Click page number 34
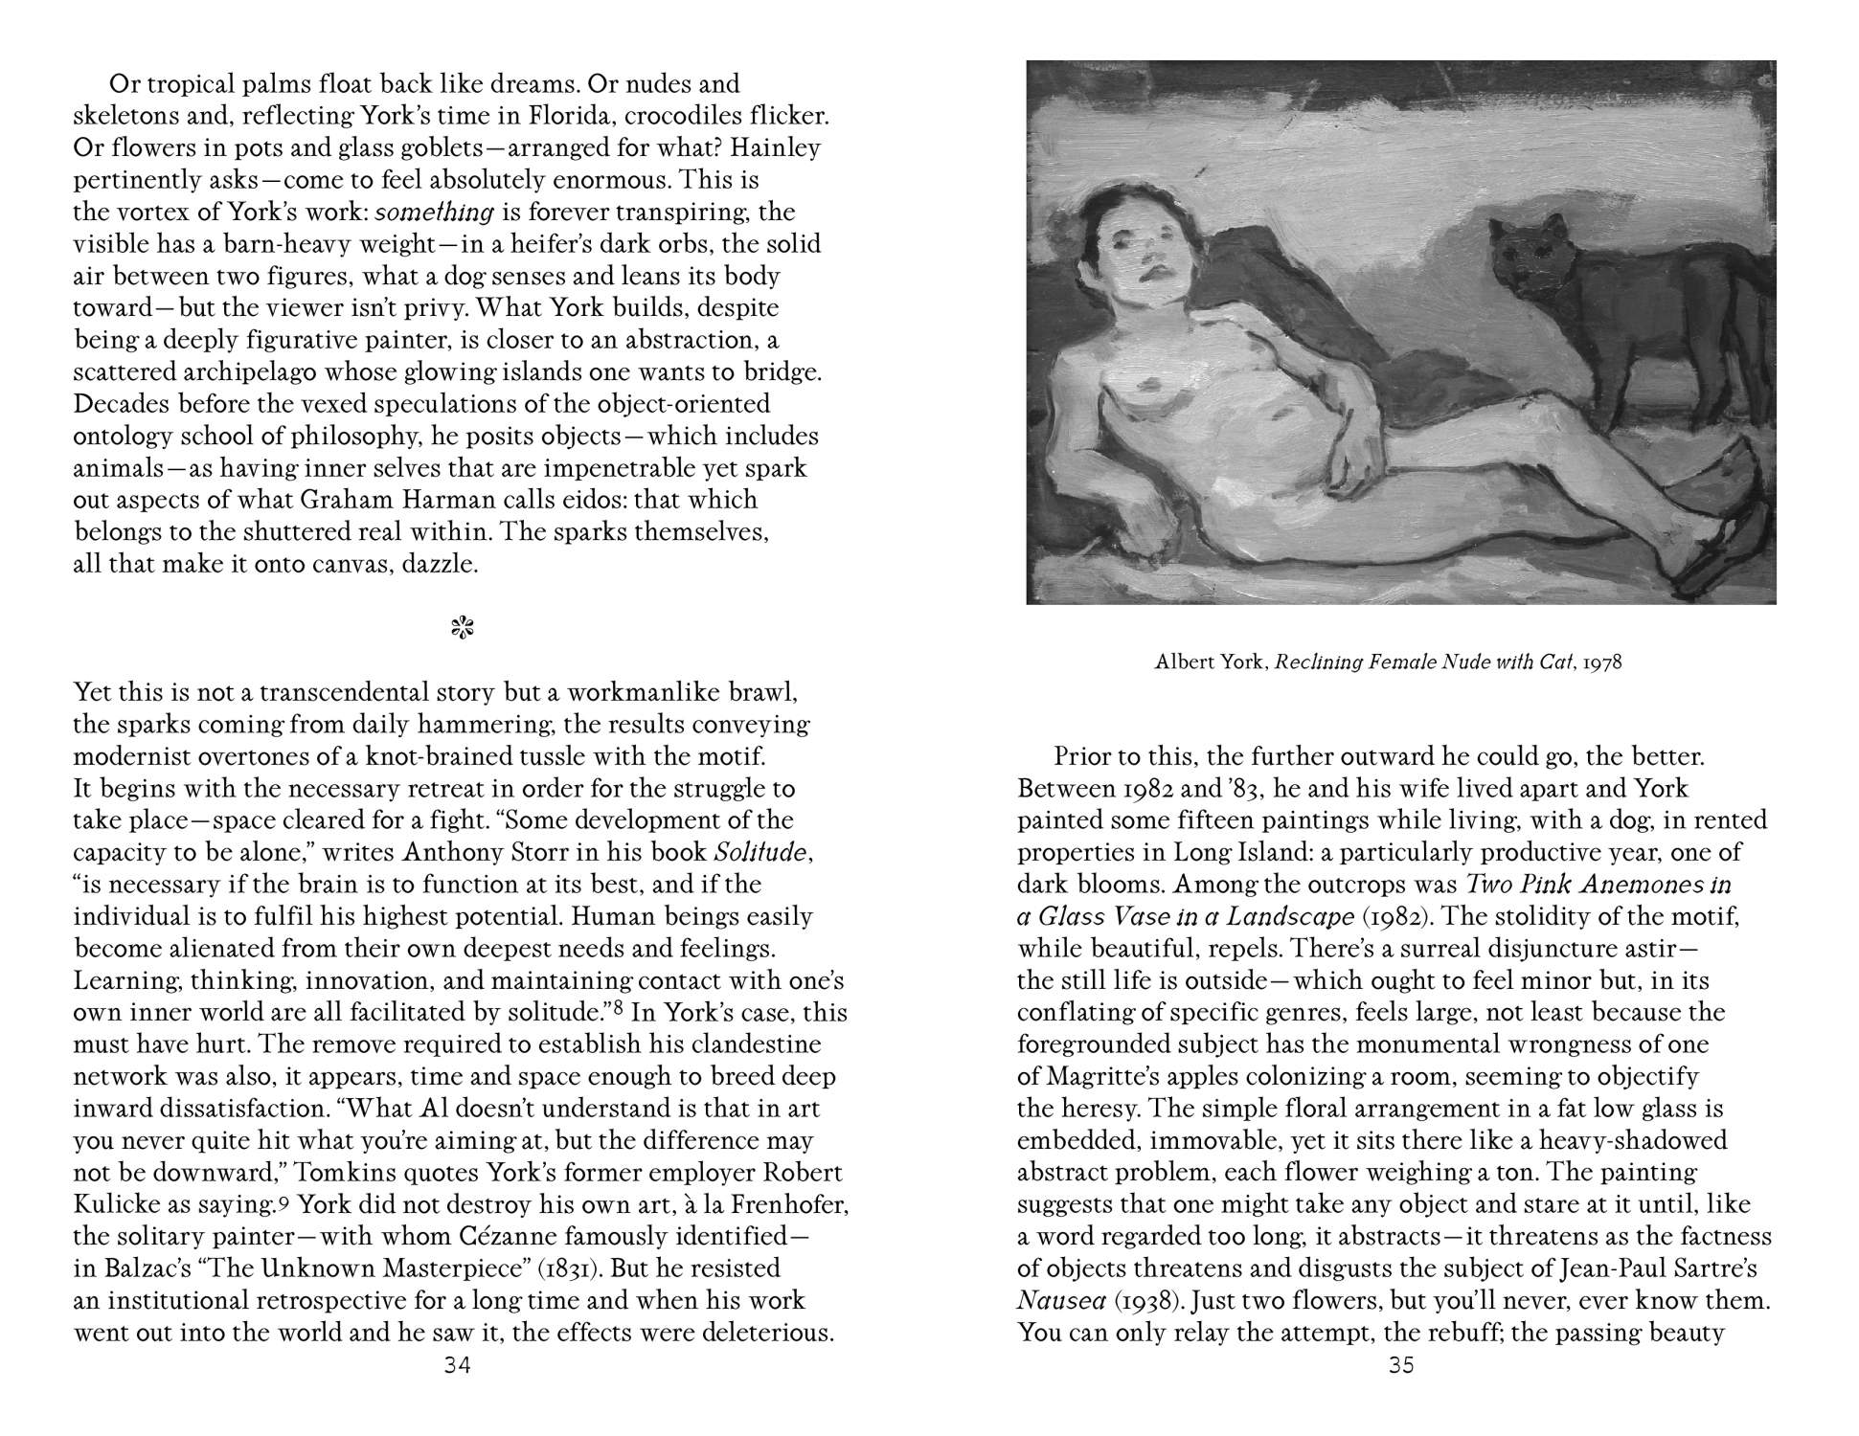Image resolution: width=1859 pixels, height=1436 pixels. click(458, 1365)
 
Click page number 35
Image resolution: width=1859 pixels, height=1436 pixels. click(1401, 1365)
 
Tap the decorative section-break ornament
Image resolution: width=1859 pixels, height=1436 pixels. click(464, 628)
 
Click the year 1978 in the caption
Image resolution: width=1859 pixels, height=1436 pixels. click(1602, 662)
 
